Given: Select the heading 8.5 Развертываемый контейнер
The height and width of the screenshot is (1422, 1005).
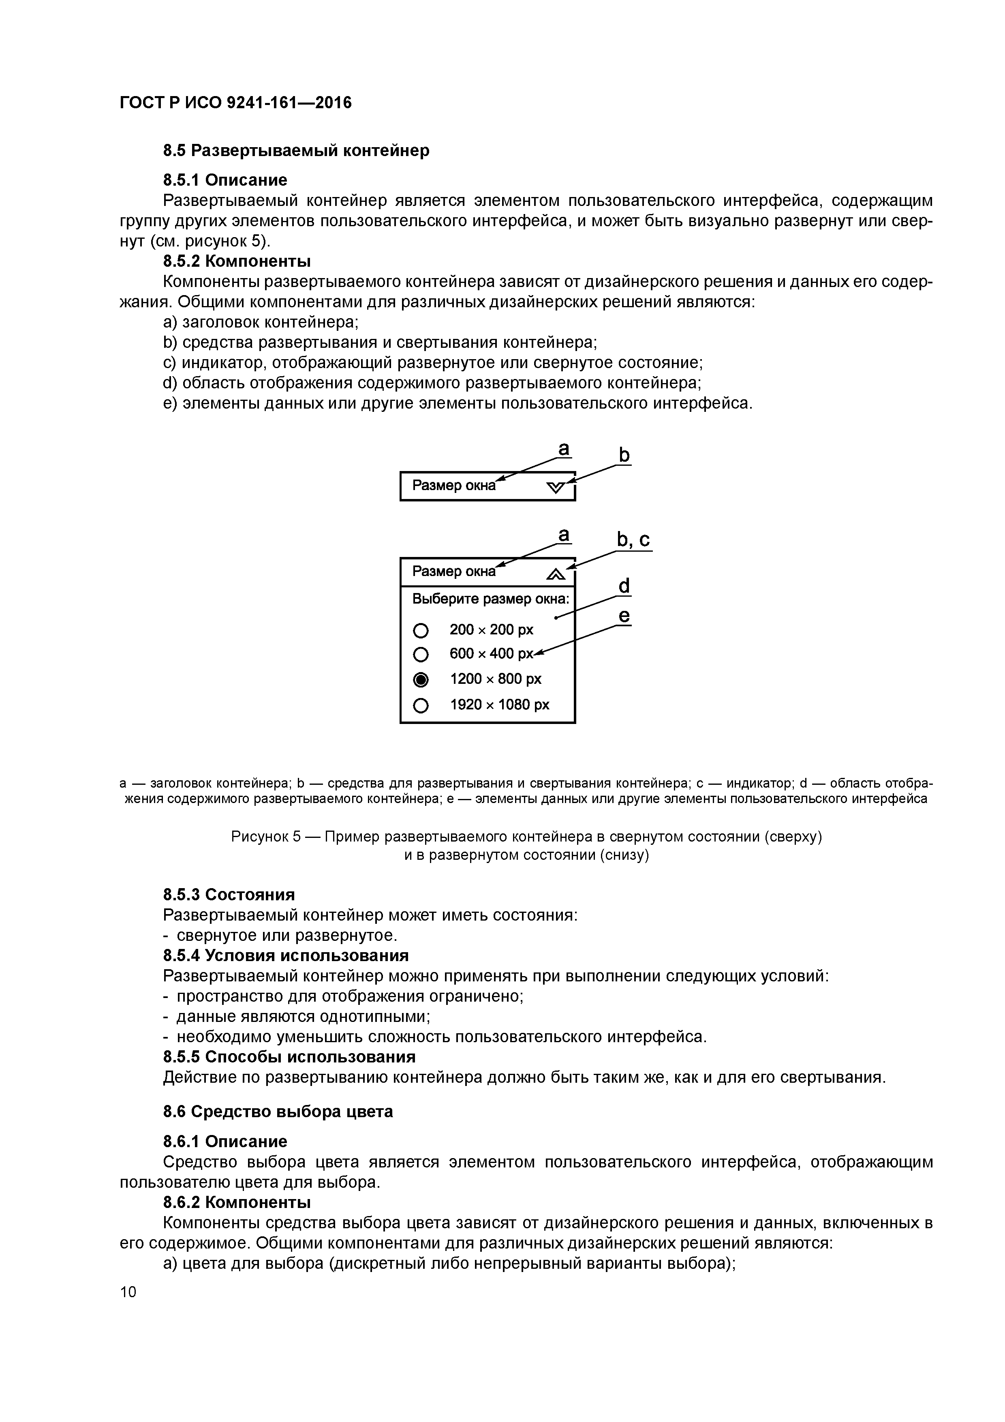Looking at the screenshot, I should coord(296,150).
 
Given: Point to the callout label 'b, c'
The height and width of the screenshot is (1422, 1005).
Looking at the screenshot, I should coord(633,540).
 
